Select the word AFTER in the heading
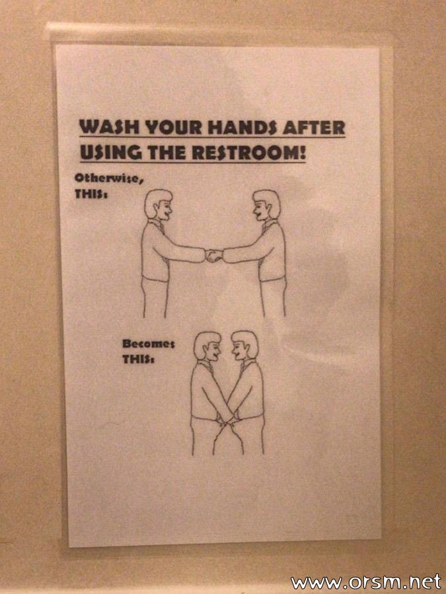point(314,127)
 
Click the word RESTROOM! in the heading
point(249,152)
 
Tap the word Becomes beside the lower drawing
point(148,344)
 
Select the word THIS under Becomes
point(138,359)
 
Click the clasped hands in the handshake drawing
point(214,255)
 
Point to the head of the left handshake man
point(159,205)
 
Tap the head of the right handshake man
point(267,205)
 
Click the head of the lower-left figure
point(207,346)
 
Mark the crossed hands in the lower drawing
point(227,419)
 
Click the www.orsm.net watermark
point(366,582)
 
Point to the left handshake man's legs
point(155,298)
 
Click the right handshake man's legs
point(273,298)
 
